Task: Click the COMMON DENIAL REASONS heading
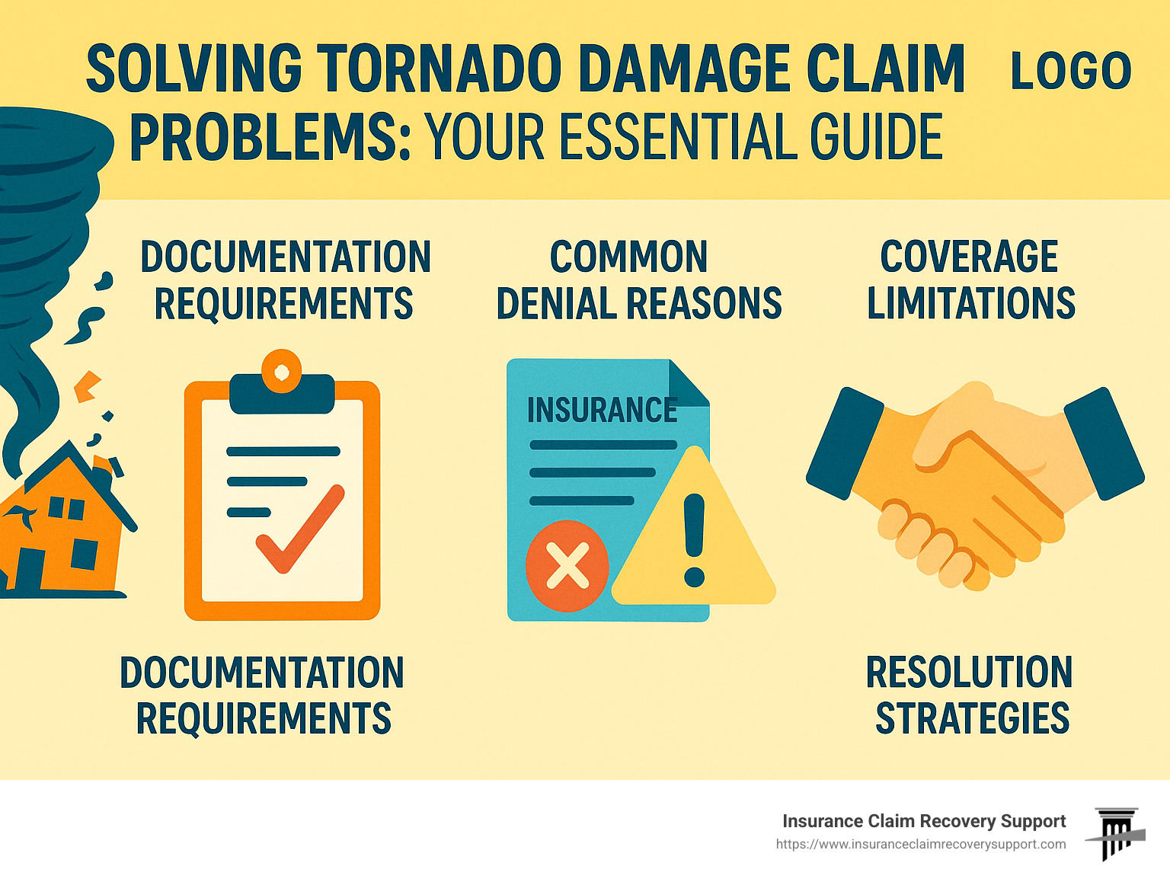point(639,280)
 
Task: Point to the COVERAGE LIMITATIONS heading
point(970,280)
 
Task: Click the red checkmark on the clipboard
point(300,528)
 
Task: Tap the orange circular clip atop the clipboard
point(281,371)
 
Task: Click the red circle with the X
point(567,566)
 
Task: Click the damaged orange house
point(63,519)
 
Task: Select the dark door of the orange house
point(30,569)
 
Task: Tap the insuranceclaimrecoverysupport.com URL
point(921,845)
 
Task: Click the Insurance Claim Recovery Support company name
point(924,821)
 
